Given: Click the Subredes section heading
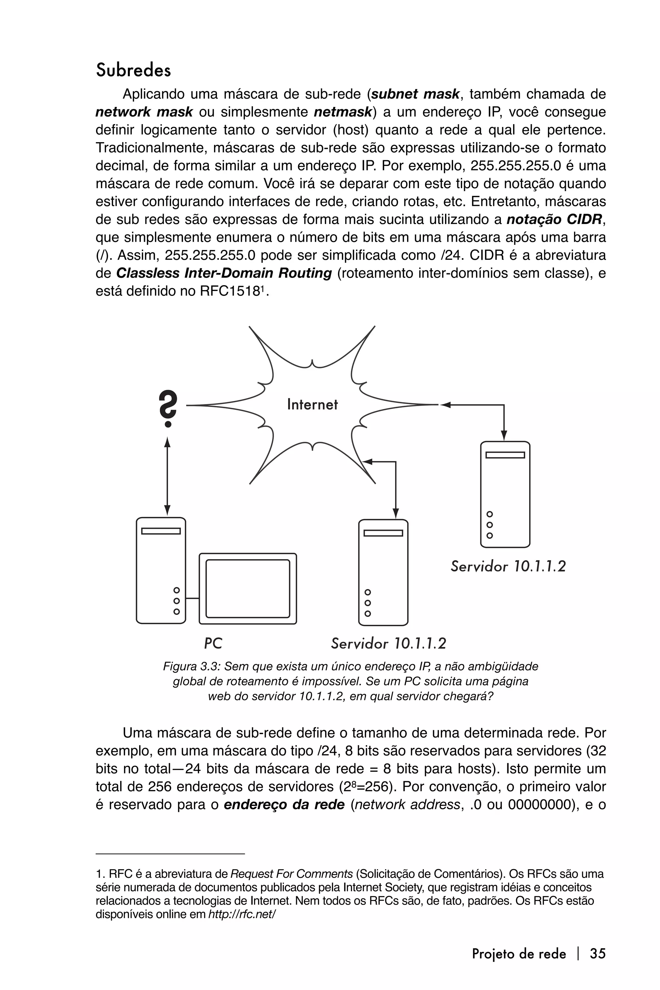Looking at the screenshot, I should click(133, 70).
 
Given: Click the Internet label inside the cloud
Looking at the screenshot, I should click(312, 404).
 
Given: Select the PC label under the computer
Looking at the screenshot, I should click(213, 643).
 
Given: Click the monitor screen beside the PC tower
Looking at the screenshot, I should click(247, 588).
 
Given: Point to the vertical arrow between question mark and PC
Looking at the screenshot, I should click(167, 476).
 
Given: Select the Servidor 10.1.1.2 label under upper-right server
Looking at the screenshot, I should click(508, 566).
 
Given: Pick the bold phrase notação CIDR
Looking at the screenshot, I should click(554, 219).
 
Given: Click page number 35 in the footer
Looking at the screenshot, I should click(597, 953).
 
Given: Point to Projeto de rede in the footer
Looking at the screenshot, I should click(519, 954).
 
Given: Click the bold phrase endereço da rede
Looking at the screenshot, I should click(284, 804).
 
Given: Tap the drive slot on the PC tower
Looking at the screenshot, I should click(161, 531).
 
